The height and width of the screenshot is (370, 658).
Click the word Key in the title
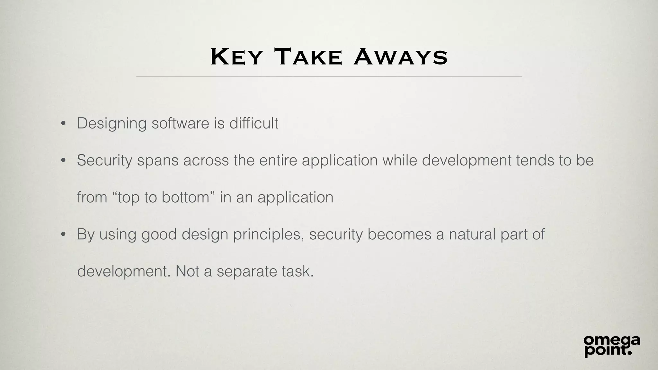coord(236,57)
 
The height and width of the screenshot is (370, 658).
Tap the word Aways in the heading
coord(401,57)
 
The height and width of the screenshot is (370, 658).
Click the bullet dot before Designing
coord(63,123)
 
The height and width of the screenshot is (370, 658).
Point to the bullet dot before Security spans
coord(63,160)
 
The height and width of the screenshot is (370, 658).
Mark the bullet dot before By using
coord(63,234)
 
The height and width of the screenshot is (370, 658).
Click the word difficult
coord(253,123)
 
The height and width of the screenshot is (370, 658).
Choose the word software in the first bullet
coord(180,123)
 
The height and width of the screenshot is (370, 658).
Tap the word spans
coord(157,161)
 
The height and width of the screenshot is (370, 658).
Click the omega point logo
coord(612,346)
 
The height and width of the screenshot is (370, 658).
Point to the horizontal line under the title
coord(329,77)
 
